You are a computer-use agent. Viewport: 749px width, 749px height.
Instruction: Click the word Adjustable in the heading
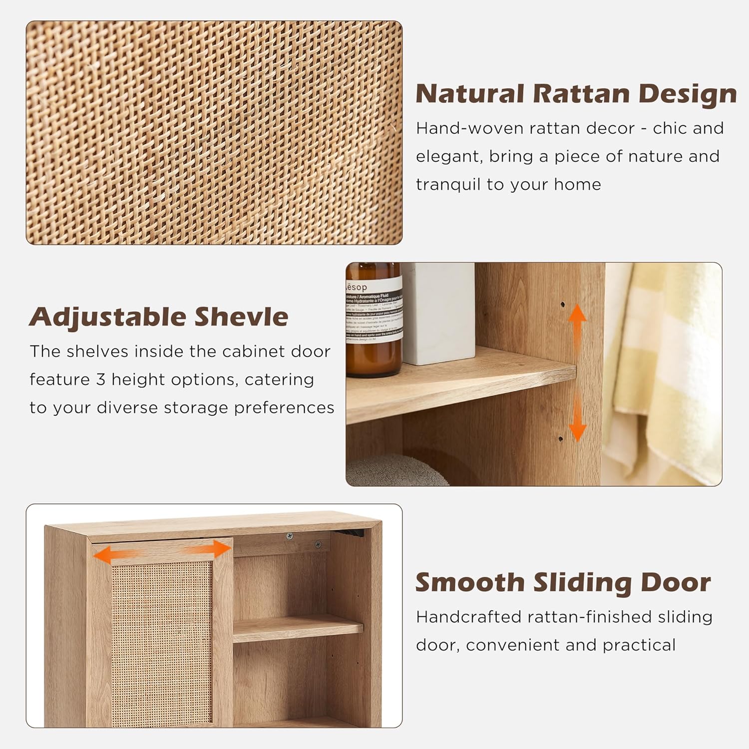pos(107,318)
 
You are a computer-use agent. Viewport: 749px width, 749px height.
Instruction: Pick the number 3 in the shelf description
pos(101,380)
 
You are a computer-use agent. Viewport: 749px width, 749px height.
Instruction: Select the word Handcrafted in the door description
pos(468,617)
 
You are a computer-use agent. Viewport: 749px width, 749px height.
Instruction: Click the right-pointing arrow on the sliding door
pos(212,550)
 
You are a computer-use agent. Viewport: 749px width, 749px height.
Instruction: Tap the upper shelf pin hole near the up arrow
pos(562,304)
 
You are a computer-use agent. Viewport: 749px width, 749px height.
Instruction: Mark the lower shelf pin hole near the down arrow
pos(560,439)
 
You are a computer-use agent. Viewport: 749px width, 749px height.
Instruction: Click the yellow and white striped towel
pos(664,370)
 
